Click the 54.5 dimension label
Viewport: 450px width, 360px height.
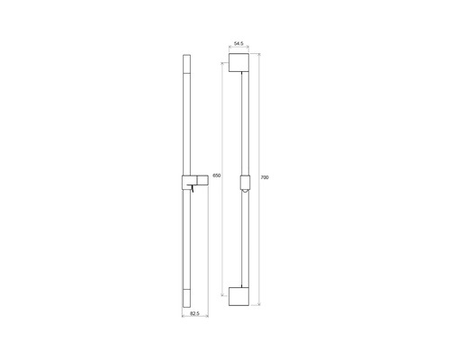click(238, 44)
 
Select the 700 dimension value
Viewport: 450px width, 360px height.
click(265, 177)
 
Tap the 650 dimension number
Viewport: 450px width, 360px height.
click(217, 175)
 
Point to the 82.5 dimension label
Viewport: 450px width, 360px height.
click(195, 313)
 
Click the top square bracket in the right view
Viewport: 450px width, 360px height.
click(238, 63)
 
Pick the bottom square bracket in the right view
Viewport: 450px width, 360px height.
click(238, 296)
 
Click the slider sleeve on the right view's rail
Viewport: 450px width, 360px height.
click(245, 182)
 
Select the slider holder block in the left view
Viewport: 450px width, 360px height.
click(195, 182)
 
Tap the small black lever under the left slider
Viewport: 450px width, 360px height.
click(192, 189)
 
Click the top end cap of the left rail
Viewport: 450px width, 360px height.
click(186, 64)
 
